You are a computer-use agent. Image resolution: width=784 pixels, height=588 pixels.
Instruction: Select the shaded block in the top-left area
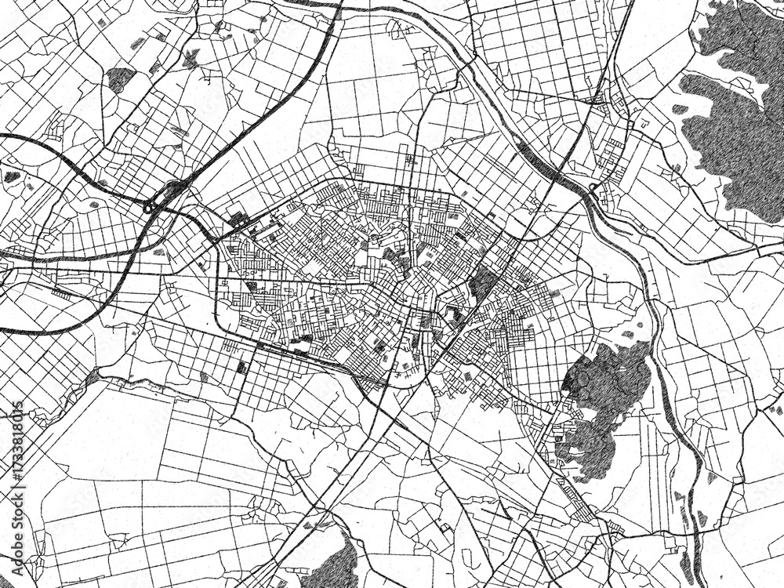click(120, 77)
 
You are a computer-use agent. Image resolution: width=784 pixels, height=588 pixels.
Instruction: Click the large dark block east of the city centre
click(481, 282)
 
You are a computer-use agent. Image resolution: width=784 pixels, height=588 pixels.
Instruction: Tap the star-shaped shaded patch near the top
click(191, 57)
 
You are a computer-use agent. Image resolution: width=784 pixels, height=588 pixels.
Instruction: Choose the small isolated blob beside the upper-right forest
click(680, 109)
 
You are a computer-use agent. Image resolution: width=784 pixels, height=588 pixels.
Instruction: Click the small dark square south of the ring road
click(241, 367)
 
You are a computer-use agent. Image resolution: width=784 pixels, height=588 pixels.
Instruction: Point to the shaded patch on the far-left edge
click(12, 176)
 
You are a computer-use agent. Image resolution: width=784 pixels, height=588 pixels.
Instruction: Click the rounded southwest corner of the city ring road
click(227, 333)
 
